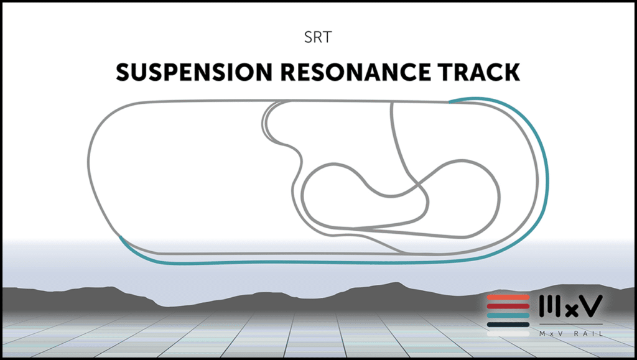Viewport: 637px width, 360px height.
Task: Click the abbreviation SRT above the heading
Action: click(318, 38)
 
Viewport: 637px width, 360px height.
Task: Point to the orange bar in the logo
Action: click(508, 297)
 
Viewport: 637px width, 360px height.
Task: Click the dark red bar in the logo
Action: click(508, 306)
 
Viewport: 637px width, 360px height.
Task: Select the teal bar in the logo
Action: click(508, 315)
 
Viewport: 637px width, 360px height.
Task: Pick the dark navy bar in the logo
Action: click(508, 324)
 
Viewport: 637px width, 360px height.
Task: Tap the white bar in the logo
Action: click(508, 333)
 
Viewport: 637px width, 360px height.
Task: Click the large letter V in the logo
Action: click(590, 305)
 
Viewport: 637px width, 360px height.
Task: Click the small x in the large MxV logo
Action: click(569, 308)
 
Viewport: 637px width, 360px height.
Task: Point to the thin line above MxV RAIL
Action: click(570, 324)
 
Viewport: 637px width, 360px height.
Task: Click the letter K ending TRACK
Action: click(511, 73)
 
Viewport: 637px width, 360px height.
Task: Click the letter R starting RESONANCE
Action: click(286, 73)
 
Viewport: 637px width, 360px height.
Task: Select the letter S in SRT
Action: click(309, 38)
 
